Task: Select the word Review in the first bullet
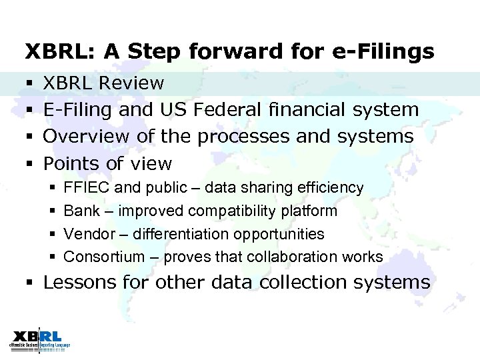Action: pyautogui.click(x=132, y=83)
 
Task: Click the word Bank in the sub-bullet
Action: pyautogui.click(x=80, y=211)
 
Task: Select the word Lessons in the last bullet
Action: pyautogui.click(x=80, y=283)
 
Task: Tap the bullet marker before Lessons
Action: pyautogui.click(x=29, y=283)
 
